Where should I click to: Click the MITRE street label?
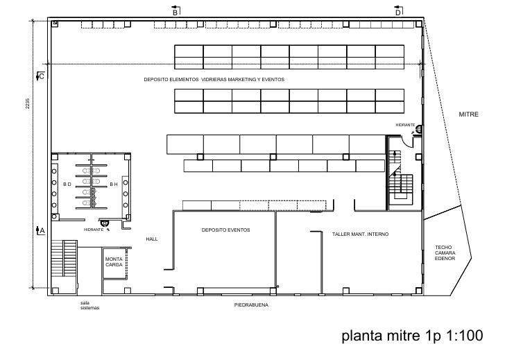click(x=468, y=114)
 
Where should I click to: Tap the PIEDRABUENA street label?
click(x=251, y=305)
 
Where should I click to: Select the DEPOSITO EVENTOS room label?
click(x=225, y=230)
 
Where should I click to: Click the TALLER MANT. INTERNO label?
click(x=360, y=234)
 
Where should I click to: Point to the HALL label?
click(x=152, y=239)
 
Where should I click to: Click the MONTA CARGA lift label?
click(x=114, y=262)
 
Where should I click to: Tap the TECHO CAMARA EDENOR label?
click(x=445, y=252)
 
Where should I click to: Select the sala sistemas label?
click(x=89, y=305)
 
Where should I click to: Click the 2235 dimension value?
click(x=28, y=103)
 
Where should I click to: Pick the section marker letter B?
click(x=175, y=12)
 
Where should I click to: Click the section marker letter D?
click(x=397, y=12)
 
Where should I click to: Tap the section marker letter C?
click(x=42, y=76)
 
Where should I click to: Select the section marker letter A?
click(x=42, y=231)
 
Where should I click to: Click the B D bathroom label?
click(x=67, y=185)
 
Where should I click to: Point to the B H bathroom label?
click(x=114, y=185)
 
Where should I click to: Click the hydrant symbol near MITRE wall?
click(x=418, y=129)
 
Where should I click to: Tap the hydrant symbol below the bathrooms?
click(x=105, y=223)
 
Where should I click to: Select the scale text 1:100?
click(x=465, y=336)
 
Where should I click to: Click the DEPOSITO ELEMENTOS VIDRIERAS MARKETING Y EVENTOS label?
click(x=214, y=79)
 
